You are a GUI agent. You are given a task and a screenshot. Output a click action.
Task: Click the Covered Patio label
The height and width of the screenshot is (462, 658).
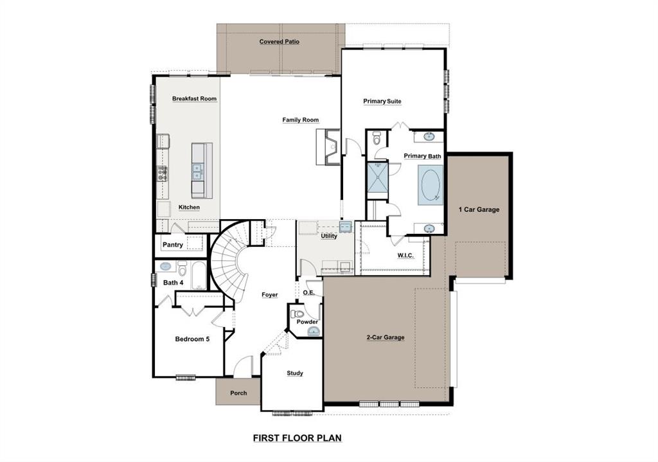point(279,42)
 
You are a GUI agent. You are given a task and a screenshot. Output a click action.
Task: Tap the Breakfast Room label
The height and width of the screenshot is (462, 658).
point(194,99)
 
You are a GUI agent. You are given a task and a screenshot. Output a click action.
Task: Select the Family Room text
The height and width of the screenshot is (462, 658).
point(300,120)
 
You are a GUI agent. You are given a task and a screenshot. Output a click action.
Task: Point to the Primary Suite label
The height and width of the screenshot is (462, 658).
point(382,102)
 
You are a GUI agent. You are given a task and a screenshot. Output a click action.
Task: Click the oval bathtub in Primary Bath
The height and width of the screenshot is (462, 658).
point(430,185)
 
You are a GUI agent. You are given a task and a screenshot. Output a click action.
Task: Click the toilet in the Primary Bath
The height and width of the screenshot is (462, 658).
point(377,138)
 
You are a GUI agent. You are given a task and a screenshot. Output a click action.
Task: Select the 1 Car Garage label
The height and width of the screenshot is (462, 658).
point(478,209)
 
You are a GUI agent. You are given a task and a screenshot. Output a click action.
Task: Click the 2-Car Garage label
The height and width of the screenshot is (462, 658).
point(385,337)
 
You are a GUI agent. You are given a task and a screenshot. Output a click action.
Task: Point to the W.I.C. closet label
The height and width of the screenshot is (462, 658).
point(405,256)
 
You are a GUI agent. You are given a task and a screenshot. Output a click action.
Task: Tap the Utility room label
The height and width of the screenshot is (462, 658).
point(328,236)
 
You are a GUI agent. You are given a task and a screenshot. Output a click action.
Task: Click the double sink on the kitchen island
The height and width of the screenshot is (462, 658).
point(197,172)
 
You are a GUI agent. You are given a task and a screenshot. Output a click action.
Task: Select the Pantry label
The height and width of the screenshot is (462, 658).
point(172,245)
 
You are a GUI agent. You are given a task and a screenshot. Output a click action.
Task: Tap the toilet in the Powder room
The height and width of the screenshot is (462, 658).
point(298,314)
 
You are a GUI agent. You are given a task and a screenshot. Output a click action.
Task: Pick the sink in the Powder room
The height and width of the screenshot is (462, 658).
point(313,331)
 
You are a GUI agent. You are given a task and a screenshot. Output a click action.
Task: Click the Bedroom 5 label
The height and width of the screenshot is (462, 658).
point(192,339)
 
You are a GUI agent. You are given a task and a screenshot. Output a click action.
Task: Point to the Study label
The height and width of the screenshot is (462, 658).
point(294,373)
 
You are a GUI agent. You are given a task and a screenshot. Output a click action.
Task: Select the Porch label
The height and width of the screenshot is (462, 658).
point(238,393)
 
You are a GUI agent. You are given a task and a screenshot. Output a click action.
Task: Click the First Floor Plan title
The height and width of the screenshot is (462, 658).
point(297,438)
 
